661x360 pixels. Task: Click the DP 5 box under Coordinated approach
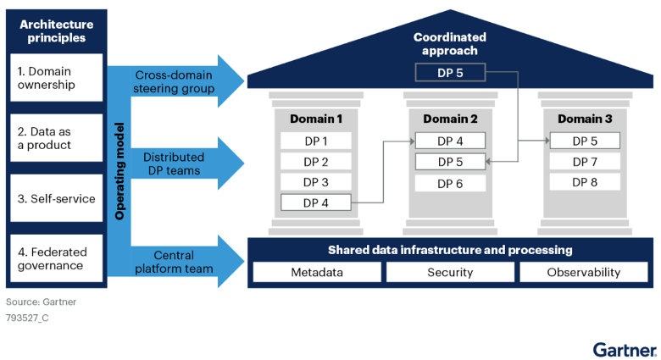[x=450, y=73]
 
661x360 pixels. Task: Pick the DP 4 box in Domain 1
[x=315, y=202]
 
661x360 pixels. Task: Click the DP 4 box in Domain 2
[x=450, y=141]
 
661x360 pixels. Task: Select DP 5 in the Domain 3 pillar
[x=584, y=141]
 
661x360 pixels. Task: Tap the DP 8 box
[x=584, y=182]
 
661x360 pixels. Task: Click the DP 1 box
[x=315, y=141]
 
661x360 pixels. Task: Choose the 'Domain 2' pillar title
[x=450, y=119]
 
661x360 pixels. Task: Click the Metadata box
[x=315, y=272]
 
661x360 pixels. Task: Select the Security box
[x=450, y=272]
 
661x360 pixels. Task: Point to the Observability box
[x=584, y=272]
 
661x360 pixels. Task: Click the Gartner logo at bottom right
[x=623, y=348]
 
